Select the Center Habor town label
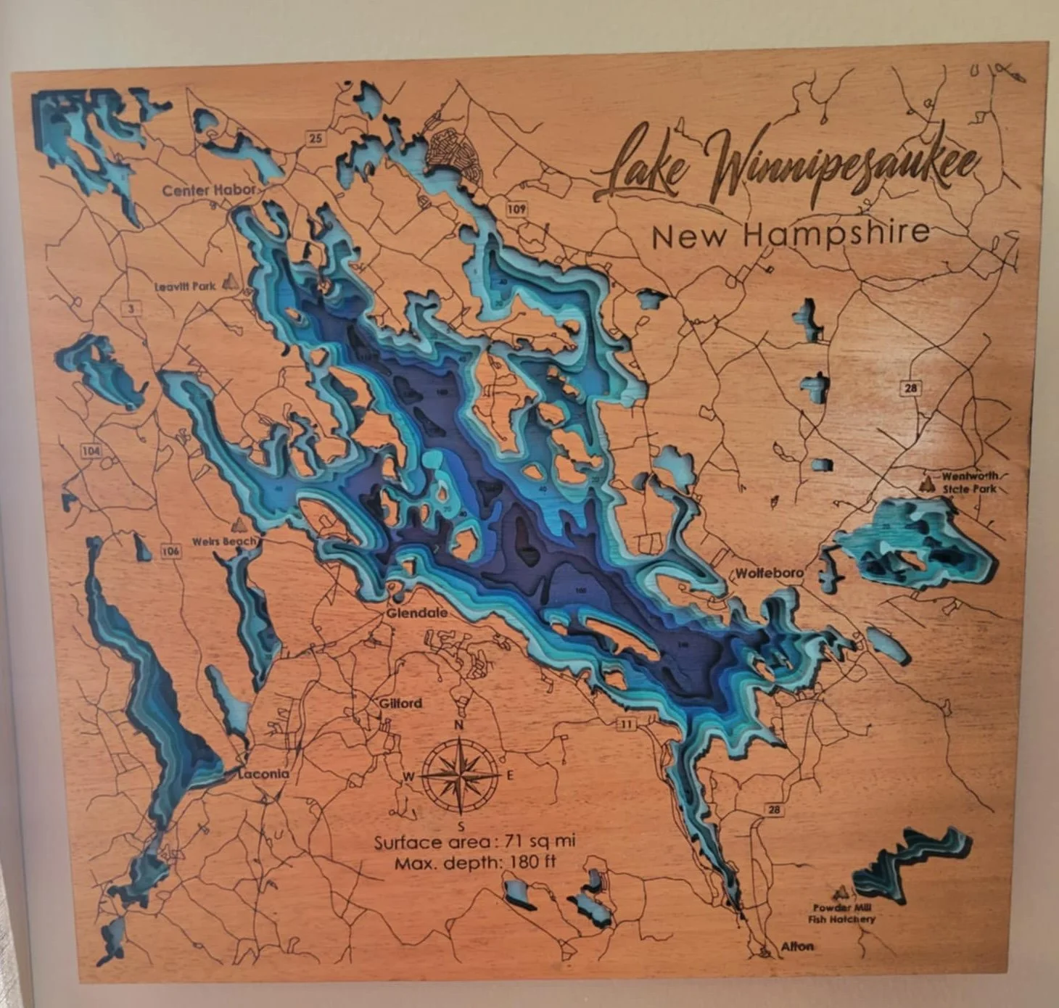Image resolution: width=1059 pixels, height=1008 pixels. tap(209, 191)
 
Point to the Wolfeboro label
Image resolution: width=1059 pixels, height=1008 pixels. tap(770, 573)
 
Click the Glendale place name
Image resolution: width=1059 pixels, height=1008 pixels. tap(417, 613)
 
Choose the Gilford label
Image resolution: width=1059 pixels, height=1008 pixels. tap(400, 703)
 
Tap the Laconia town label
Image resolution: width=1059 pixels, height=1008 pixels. tap(263, 774)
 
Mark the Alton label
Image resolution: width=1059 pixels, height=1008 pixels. tap(797, 946)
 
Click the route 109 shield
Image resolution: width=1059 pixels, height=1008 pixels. tap(516, 210)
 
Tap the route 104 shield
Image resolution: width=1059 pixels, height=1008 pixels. tap(91, 451)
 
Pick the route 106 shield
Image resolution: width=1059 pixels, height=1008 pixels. tap(170, 551)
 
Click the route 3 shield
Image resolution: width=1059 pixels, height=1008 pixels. tap(131, 309)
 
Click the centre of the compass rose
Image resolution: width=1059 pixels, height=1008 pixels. tap(460, 775)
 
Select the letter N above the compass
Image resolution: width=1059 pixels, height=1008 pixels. tap(458, 724)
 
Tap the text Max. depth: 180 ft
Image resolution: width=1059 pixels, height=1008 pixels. tap(475, 863)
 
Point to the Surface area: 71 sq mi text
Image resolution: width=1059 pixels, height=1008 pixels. tap(474, 842)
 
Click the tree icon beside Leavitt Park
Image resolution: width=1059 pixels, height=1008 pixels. tap(231, 281)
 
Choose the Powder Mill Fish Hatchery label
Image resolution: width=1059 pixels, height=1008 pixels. tap(842, 913)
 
